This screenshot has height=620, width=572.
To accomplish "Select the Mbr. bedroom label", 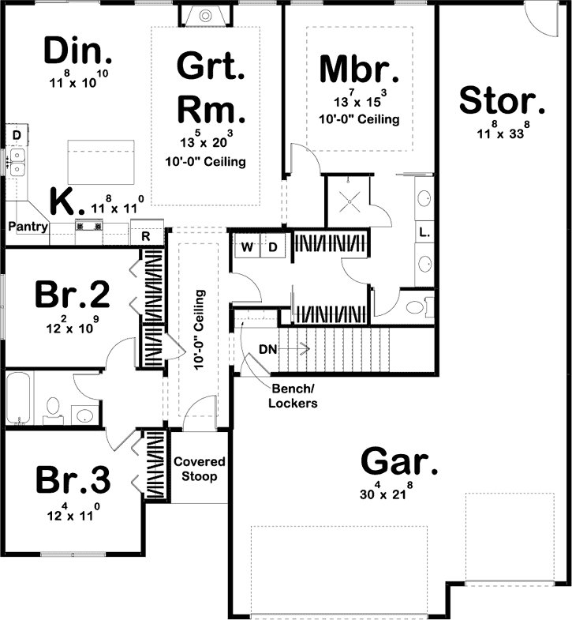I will (359, 69).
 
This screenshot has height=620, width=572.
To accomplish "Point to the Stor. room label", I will (502, 101).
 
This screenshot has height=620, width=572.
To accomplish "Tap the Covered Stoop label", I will (199, 468).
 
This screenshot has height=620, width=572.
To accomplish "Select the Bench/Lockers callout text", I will (294, 396).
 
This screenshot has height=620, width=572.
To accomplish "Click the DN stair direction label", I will (267, 349).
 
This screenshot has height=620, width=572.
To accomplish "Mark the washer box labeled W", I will (247, 247).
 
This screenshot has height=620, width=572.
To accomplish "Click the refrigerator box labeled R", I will (146, 235).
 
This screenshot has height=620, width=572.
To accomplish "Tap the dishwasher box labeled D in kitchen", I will (16, 136).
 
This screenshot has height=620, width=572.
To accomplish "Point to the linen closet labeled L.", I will (424, 232).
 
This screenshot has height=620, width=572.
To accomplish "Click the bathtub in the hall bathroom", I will (19, 399).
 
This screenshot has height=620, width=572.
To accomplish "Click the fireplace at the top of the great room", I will (204, 14).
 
